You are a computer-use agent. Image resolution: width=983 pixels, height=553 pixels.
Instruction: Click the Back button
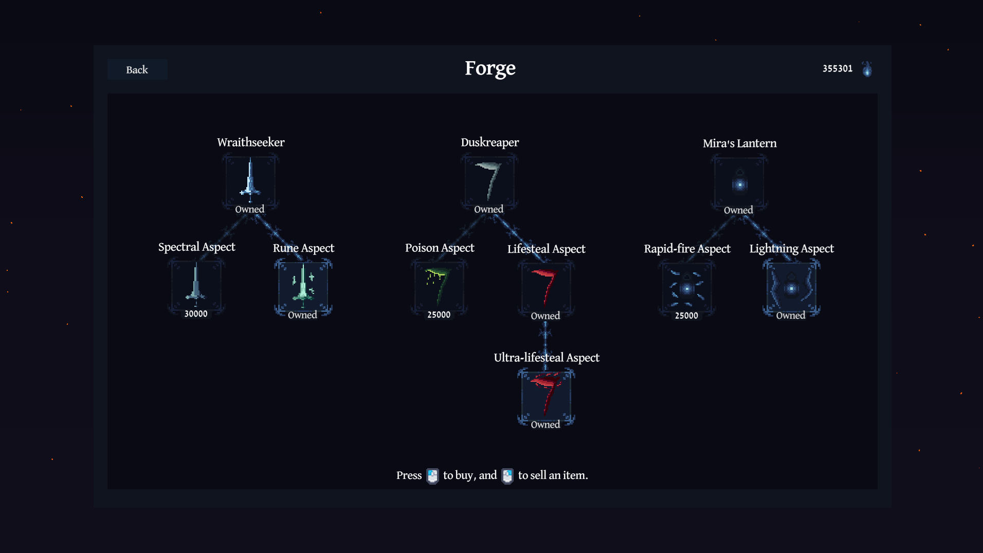[x=137, y=69]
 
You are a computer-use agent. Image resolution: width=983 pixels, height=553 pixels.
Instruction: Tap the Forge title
[x=490, y=68]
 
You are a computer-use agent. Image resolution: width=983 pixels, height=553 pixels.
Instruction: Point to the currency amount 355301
[x=837, y=68]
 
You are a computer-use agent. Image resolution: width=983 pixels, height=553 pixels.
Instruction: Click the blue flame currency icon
[x=867, y=69]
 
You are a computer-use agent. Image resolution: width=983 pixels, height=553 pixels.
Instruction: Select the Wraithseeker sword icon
[x=250, y=180]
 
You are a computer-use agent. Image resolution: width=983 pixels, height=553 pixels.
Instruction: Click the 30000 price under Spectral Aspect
[x=196, y=314]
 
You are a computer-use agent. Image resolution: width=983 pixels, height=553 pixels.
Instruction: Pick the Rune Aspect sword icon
[x=303, y=284]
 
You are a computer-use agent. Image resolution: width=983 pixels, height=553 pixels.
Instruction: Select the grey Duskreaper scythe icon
[x=489, y=181]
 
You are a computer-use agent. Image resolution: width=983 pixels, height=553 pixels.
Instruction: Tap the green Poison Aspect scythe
[x=438, y=285]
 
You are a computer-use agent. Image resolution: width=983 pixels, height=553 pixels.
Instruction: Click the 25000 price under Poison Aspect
[x=439, y=315]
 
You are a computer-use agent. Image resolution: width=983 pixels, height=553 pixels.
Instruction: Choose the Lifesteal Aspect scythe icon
[x=545, y=286]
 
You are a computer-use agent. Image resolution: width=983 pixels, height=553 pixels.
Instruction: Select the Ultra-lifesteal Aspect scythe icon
[x=545, y=394]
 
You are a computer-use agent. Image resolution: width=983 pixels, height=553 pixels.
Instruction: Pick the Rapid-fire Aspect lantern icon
[x=687, y=288]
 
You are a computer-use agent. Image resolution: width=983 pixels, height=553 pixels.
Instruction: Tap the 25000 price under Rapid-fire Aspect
[x=686, y=316]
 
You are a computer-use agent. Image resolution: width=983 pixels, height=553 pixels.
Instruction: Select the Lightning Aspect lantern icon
[x=791, y=288]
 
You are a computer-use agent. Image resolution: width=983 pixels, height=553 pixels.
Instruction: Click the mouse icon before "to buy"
[x=432, y=476]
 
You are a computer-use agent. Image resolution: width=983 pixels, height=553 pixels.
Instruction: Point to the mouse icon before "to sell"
[x=507, y=476]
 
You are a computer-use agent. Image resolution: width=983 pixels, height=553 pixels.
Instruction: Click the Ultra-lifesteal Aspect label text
[x=547, y=358]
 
